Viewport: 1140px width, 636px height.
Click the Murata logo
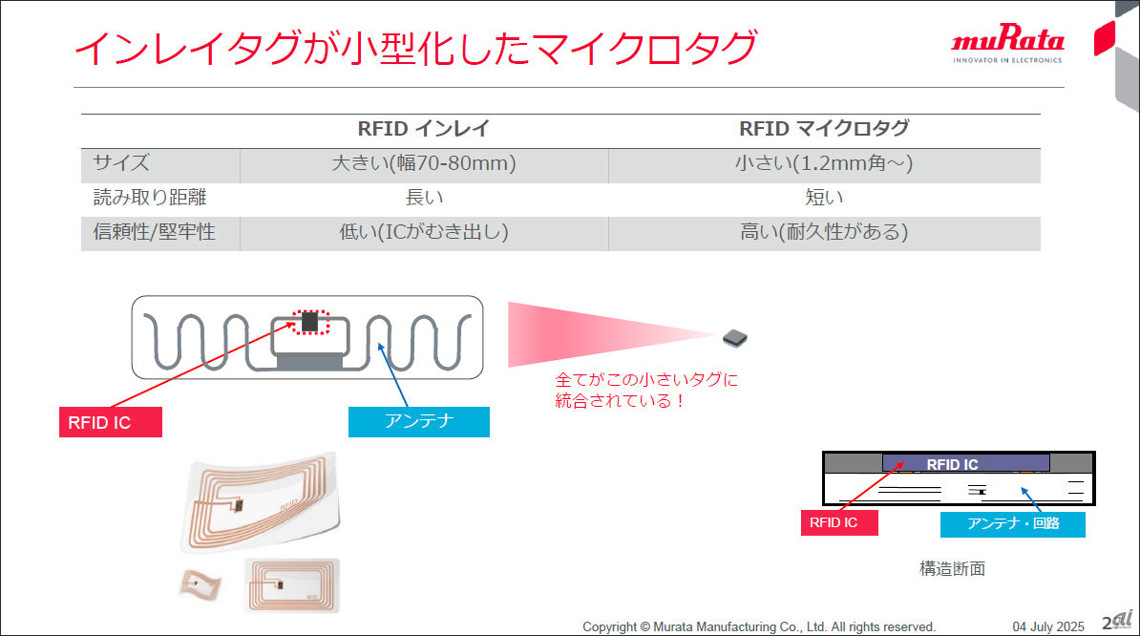(x=1007, y=44)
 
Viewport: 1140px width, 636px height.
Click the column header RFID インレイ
(x=424, y=129)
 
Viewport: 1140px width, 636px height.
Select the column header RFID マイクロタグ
(x=824, y=129)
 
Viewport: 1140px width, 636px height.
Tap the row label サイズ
(x=121, y=162)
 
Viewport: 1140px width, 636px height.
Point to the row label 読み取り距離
(x=150, y=197)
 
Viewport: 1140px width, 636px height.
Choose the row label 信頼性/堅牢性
(x=154, y=232)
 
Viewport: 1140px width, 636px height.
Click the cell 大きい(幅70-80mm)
(x=424, y=162)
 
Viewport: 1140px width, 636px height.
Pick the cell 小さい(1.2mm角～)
(x=824, y=162)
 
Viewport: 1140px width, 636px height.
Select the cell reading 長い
(x=424, y=197)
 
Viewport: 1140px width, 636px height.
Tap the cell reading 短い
(x=824, y=197)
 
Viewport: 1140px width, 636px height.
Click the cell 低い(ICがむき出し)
(x=424, y=232)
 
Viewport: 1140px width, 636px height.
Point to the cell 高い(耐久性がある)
(x=824, y=232)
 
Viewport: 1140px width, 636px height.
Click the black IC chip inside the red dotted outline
(x=310, y=321)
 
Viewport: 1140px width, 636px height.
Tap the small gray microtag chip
(x=735, y=338)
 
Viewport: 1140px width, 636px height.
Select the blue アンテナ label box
(x=419, y=421)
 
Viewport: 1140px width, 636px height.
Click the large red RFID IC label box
(x=111, y=422)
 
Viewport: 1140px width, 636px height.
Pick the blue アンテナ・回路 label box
(x=1013, y=524)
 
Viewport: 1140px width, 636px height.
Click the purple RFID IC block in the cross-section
(x=965, y=463)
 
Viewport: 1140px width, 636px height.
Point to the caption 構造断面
(x=953, y=568)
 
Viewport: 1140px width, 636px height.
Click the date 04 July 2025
(x=1048, y=626)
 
